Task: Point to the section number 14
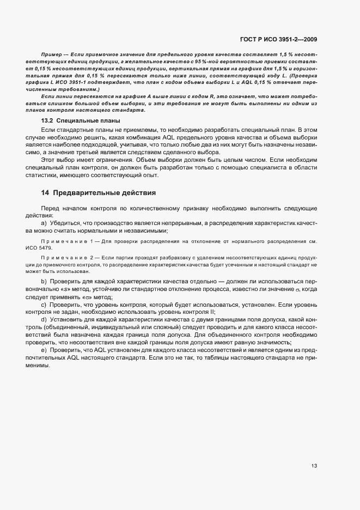pyautogui.click(x=45, y=193)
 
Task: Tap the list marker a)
pyautogui.click(x=44, y=224)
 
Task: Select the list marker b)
pyautogui.click(x=44, y=281)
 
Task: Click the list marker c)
pyautogui.click(x=44, y=306)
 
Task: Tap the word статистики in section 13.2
pyautogui.click(x=57, y=175)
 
